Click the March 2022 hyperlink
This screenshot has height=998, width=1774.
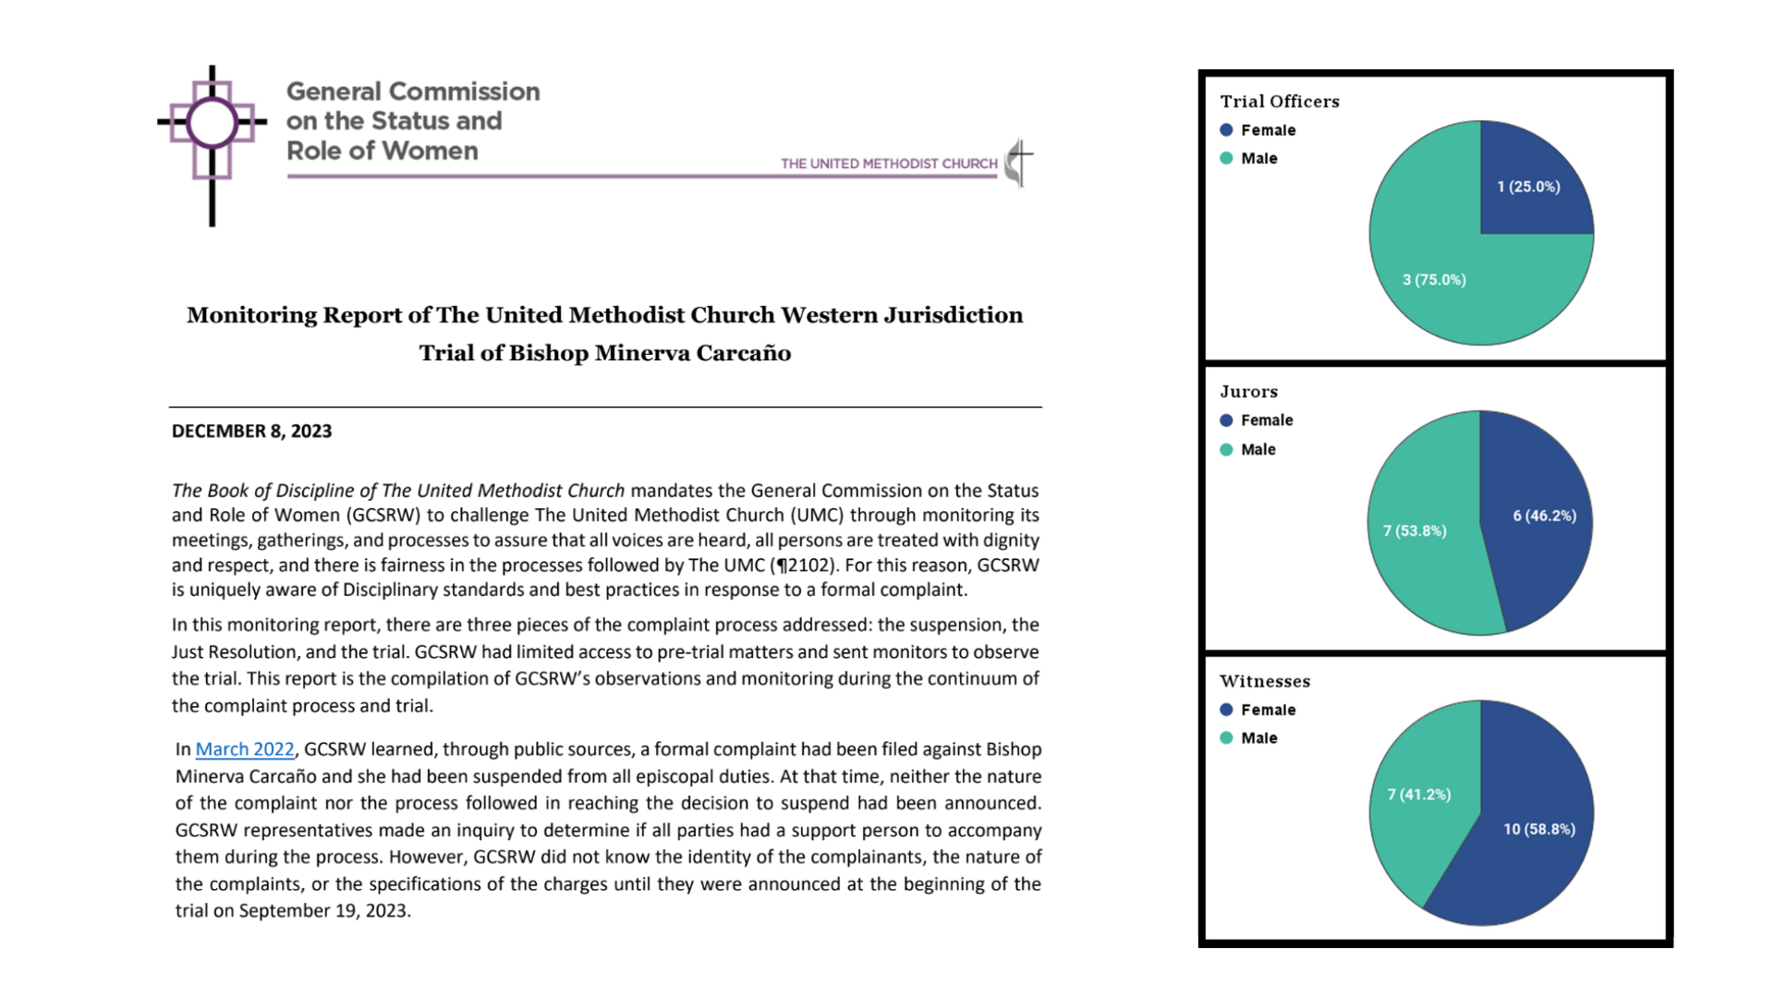[245, 749]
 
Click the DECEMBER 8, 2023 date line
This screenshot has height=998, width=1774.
[251, 432]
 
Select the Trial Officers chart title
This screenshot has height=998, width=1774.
[1279, 102]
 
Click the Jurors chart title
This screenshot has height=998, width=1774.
[1248, 392]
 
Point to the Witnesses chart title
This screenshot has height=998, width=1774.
[1264, 682]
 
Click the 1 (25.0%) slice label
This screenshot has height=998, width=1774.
[1528, 187]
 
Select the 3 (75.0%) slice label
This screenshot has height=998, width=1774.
[1434, 280]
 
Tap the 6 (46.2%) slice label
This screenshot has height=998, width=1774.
[1544, 516]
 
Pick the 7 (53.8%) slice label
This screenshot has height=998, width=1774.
[1415, 530]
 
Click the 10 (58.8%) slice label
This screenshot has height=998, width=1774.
[1538, 830]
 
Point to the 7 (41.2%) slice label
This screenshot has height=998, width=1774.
[1418, 795]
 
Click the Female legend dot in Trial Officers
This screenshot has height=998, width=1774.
[1226, 130]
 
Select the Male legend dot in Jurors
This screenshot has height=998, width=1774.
[1226, 450]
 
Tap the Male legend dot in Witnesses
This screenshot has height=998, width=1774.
[1226, 738]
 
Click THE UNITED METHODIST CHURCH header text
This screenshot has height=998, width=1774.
[889, 164]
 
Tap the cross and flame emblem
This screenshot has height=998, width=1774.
[1018, 163]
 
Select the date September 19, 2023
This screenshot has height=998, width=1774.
[323, 911]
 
